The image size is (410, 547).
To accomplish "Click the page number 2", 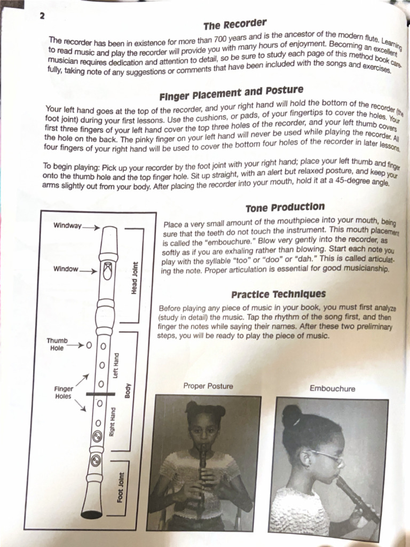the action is click(42, 15).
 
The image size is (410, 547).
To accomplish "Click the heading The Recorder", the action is click(235, 25).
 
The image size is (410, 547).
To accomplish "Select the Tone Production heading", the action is click(285, 208).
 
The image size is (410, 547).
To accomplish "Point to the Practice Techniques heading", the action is click(278, 294).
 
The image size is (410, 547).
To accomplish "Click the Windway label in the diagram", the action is click(67, 225).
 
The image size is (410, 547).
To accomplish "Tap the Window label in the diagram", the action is click(66, 269).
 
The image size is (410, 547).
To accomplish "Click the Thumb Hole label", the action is click(57, 345).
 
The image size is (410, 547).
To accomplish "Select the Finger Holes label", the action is click(63, 393).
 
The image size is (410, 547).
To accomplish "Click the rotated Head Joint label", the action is click(134, 278).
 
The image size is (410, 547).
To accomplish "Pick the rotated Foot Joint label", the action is click(120, 488).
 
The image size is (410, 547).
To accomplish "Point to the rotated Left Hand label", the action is click(116, 365).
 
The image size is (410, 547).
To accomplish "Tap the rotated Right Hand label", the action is click(112, 421).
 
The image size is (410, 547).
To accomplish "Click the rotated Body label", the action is click(127, 391).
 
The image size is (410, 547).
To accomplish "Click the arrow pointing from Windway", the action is click(91, 228).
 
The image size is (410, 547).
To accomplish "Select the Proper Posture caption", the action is click(208, 386).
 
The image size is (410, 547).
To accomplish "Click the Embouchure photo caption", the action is click(332, 389).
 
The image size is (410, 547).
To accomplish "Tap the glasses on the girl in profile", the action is click(327, 457).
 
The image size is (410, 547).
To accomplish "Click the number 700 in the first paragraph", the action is click(220, 38).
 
